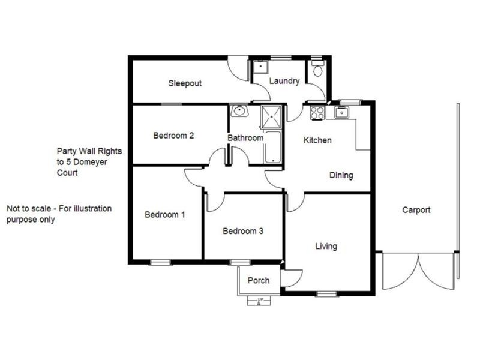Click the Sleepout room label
(x=185, y=83)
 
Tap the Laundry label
(x=284, y=81)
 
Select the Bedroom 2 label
(x=173, y=136)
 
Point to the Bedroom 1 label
(x=165, y=215)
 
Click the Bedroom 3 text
(x=243, y=231)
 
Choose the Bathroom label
(x=245, y=138)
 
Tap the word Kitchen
(x=317, y=140)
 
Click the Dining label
(x=341, y=176)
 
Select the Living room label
(x=326, y=246)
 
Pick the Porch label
(x=259, y=280)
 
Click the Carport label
(x=416, y=210)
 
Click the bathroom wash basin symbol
(x=239, y=112)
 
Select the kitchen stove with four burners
(x=317, y=112)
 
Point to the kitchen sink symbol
(x=343, y=112)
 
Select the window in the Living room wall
(x=326, y=293)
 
